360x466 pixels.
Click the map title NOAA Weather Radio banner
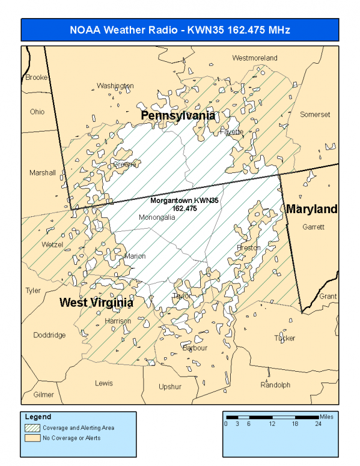tap(180, 29)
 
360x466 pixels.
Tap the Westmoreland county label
tap(255, 58)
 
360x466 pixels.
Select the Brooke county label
tap(36, 77)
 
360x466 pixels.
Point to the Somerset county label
tap(315, 114)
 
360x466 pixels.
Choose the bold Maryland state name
tap(311, 209)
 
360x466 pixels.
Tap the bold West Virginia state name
tap(96, 303)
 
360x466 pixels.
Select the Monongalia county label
tap(157, 217)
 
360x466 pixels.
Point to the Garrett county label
tap(313, 227)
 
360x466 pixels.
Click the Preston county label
tap(249, 247)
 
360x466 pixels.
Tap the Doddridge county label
tap(49, 335)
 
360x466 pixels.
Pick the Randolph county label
tap(275, 385)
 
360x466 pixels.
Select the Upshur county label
tap(170, 387)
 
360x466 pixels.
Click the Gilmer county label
tap(43, 395)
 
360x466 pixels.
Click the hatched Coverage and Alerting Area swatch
tap(31, 428)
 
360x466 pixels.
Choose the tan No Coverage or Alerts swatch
tap(31, 438)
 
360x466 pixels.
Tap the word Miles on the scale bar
tap(326, 416)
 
